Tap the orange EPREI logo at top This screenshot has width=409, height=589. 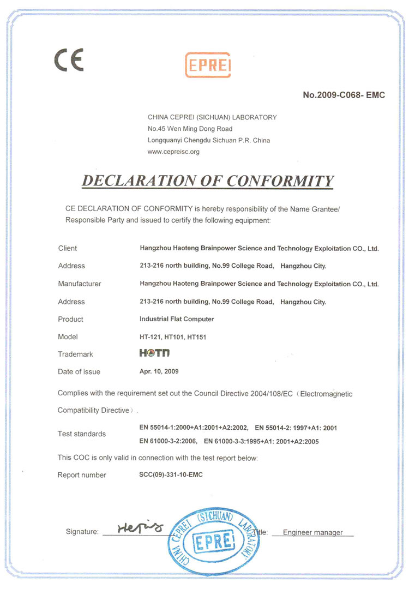click(x=208, y=65)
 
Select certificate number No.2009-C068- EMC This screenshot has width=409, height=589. click(x=344, y=95)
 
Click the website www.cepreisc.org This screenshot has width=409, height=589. click(x=173, y=152)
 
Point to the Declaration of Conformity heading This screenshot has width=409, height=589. click(x=207, y=181)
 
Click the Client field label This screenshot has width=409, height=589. click(x=68, y=249)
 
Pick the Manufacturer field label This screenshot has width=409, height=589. click(x=80, y=284)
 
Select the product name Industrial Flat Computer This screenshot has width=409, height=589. click(x=177, y=319)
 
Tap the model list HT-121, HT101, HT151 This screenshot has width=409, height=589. click(x=173, y=337)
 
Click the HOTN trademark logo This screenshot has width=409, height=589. click(x=155, y=353)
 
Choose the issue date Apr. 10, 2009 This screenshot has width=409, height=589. click(x=159, y=371)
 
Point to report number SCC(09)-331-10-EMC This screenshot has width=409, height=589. click(x=171, y=475)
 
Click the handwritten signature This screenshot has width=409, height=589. click(x=140, y=527)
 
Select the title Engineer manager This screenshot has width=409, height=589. click(x=313, y=532)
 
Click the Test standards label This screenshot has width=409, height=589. click(x=82, y=434)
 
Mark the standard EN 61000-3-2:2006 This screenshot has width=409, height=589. click(x=167, y=441)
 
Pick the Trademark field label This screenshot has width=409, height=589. click(x=75, y=354)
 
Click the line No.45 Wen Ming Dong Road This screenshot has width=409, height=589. click(x=190, y=129)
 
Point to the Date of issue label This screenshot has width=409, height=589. click(x=79, y=372)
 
